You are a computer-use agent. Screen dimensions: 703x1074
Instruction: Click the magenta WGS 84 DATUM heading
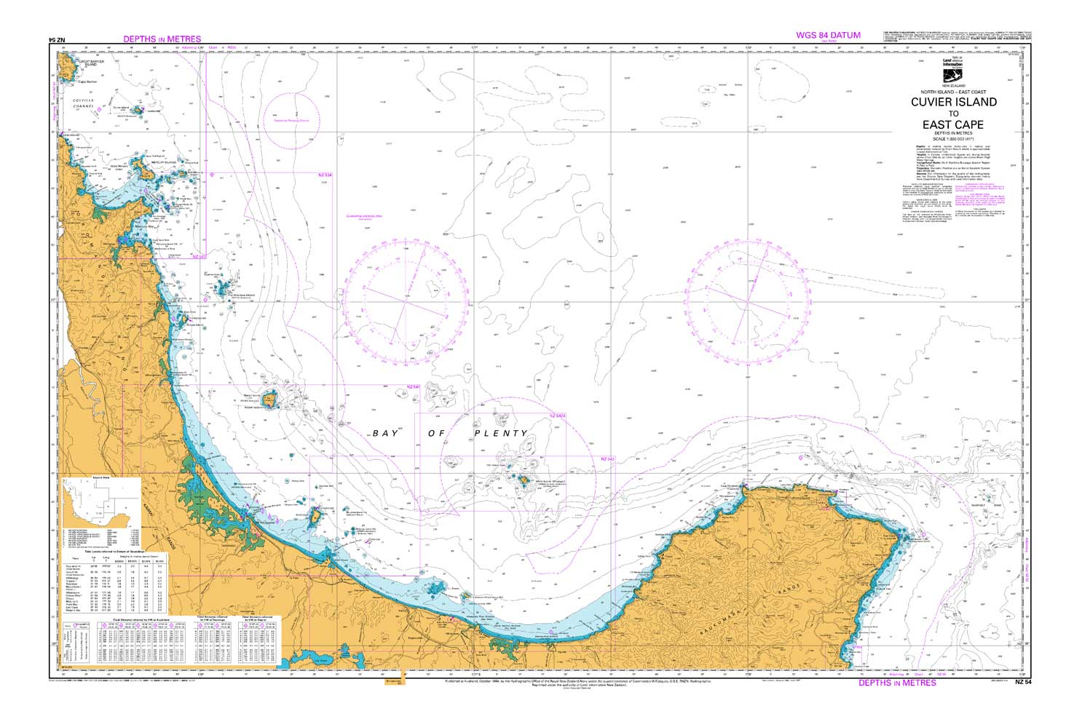pyautogui.click(x=828, y=35)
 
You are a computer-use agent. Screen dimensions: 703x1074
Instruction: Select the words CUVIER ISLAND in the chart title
pyautogui.click(x=953, y=102)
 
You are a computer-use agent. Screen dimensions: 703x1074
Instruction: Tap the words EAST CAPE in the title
pyautogui.click(x=953, y=124)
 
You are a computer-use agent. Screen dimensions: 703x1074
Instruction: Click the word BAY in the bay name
pyautogui.click(x=385, y=433)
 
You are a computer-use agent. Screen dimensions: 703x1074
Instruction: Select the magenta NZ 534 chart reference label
pyautogui.click(x=325, y=175)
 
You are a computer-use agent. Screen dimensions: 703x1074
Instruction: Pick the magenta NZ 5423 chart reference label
pyautogui.click(x=557, y=416)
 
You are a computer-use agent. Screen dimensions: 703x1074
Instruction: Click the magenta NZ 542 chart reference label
pyautogui.click(x=608, y=459)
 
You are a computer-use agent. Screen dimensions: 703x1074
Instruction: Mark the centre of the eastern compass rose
pyautogui.click(x=746, y=300)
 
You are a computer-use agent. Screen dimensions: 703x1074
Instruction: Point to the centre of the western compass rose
pyautogui.click(x=403, y=301)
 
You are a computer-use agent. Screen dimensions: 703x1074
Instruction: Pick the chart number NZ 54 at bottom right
pyautogui.click(x=1023, y=683)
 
